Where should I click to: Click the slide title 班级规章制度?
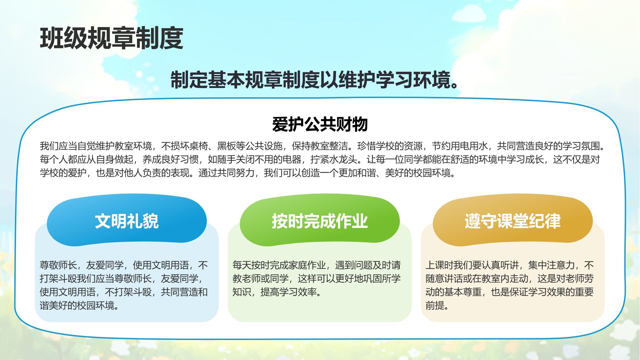(x=112, y=39)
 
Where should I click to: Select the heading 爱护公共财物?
(x=320, y=124)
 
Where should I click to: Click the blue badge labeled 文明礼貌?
(x=127, y=221)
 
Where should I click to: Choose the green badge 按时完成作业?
(x=320, y=221)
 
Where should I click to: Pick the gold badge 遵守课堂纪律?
(x=513, y=221)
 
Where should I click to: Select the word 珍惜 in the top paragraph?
(x=366, y=146)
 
